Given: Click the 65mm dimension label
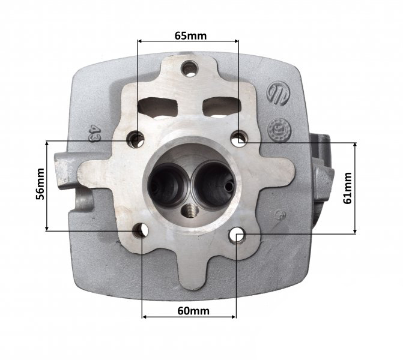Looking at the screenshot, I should [x=190, y=35].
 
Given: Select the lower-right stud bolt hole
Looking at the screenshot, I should [x=238, y=235].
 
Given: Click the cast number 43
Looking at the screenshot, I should [x=94, y=131].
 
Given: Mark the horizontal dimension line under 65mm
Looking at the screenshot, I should [x=189, y=41].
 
